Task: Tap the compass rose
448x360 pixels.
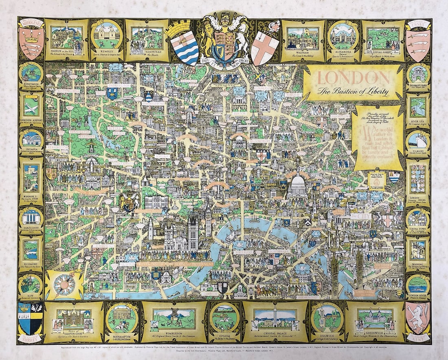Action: tap(64, 284)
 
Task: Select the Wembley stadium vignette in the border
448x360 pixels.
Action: tap(106, 37)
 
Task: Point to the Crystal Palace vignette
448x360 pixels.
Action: tap(275, 319)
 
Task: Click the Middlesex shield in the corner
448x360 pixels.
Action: tap(31, 39)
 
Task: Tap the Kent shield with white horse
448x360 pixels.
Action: tap(418, 318)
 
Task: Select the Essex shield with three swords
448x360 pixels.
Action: tap(418, 39)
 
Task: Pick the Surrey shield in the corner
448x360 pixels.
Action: tap(30, 318)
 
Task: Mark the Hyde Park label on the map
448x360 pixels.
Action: tap(118, 133)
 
